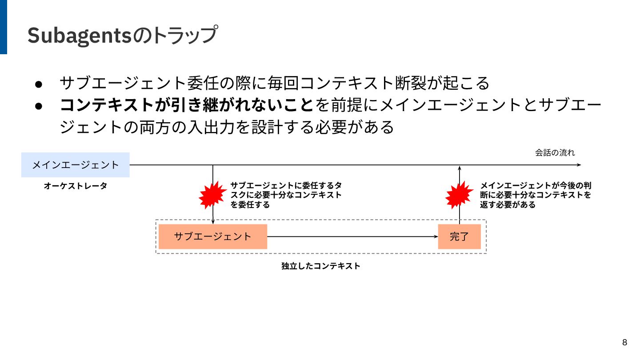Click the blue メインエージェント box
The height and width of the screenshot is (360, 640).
pyautogui.click(x=76, y=165)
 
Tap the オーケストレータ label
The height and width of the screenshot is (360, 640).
pyautogui.click(x=76, y=186)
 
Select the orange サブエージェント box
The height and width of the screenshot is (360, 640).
pyautogui.click(x=213, y=236)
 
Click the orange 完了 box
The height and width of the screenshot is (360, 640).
pyautogui.click(x=459, y=236)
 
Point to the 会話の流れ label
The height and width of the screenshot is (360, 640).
pyautogui.click(x=555, y=153)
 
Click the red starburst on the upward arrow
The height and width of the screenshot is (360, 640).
pyautogui.click(x=459, y=195)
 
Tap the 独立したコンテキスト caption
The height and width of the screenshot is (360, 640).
pyautogui.click(x=320, y=266)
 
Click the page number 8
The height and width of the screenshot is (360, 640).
pyautogui.click(x=625, y=342)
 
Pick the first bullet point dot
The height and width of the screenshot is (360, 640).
pyautogui.click(x=39, y=84)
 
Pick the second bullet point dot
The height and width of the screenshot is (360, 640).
pyautogui.click(x=39, y=106)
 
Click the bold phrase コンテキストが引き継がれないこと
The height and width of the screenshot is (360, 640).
pyautogui.click(x=187, y=105)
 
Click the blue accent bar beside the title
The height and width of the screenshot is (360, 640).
pyautogui.click(x=4, y=27)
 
